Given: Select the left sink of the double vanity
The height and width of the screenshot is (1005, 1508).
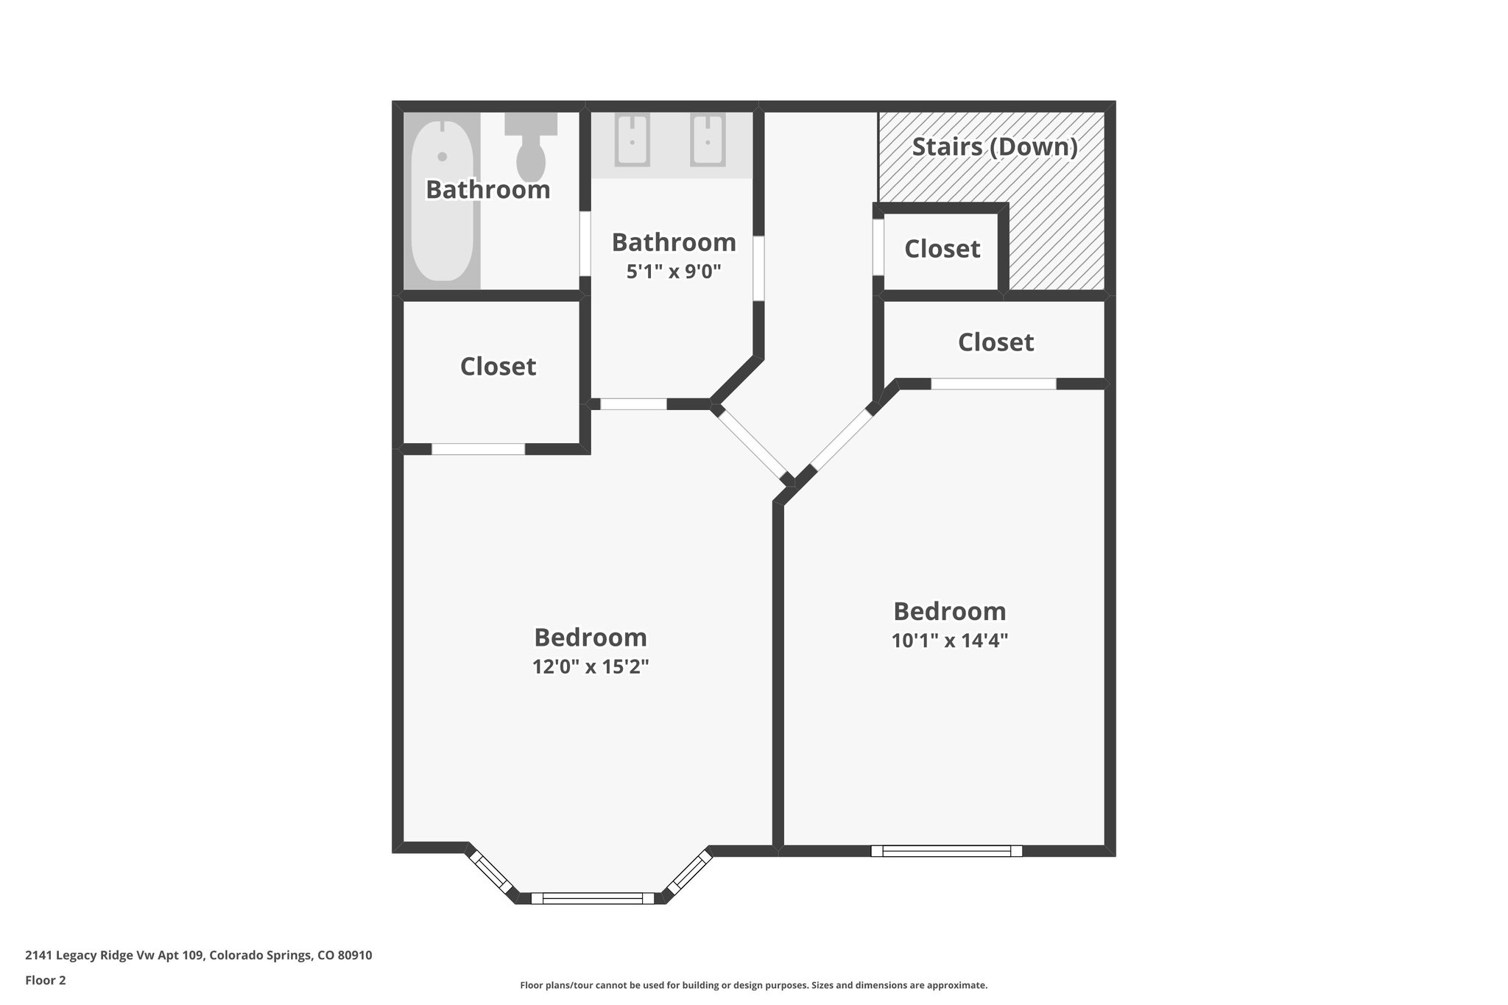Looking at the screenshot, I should click(632, 140).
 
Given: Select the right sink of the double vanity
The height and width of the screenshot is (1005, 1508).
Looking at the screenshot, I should click(708, 140).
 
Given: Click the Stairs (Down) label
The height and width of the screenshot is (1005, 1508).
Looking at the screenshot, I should click(995, 147).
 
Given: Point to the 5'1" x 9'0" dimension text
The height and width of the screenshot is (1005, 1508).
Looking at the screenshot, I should click(673, 272).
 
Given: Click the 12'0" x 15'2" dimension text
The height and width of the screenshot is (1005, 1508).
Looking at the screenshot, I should click(591, 667).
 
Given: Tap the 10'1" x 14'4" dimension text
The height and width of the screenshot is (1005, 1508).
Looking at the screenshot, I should click(949, 641).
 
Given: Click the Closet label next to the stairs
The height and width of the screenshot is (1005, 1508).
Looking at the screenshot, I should click(942, 249).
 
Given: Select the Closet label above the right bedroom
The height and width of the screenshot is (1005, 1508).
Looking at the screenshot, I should click(996, 342).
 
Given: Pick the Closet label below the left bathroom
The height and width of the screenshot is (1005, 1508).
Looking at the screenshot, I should click(498, 367).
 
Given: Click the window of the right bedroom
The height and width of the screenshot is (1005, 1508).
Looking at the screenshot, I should click(946, 851).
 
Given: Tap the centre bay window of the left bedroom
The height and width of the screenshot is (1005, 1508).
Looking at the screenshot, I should click(592, 898).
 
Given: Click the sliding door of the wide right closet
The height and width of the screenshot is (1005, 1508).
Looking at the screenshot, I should click(993, 384).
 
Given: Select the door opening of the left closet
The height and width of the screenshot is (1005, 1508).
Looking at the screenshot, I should click(478, 449).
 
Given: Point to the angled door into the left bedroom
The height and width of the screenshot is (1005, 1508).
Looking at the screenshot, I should click(751, 443).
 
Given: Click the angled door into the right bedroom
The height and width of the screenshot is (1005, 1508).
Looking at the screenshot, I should click(840, 441).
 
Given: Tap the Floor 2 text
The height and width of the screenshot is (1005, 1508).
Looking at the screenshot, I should click(46, 980).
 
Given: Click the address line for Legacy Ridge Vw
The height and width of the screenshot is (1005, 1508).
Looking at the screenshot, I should click(198, 956).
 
